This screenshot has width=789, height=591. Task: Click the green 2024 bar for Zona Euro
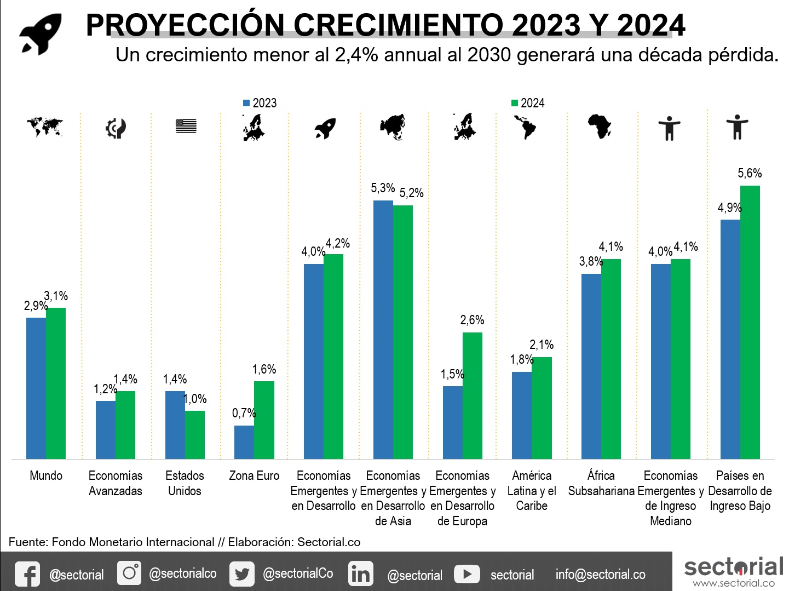[x=264, y=420]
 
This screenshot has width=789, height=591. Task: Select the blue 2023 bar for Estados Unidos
[x=175, y=425]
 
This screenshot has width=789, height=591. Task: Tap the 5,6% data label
[x=750, y=174]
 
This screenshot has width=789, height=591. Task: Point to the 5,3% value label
[x=383, y=188]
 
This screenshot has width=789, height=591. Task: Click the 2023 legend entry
[x=260, y=103]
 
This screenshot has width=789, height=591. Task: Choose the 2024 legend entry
[x=528, y=103]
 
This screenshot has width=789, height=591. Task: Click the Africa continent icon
[x=600, y=127]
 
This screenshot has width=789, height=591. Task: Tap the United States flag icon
[x=186, y=126]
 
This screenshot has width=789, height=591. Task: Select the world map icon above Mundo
[x=45, y=127]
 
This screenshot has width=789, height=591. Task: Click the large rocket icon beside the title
[x=41, y=34]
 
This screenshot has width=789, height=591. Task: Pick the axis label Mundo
[x=46, y=475]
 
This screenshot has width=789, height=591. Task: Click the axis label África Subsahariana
[x=601, y=483]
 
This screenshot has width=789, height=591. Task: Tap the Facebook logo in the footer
[x=27, y=574]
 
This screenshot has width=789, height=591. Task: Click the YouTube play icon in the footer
[x=467, y=574]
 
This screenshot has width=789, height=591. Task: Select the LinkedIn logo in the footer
[x=360, y=574]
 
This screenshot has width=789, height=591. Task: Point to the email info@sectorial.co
[x=600, y=574]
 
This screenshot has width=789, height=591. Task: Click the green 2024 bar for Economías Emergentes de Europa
[x=473, y=395]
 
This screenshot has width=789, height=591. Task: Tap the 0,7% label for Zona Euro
[x=244, y=414]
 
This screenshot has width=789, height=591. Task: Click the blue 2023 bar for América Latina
[x=521, y=415]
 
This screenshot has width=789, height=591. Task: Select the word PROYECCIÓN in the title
[x=185, y=25]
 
